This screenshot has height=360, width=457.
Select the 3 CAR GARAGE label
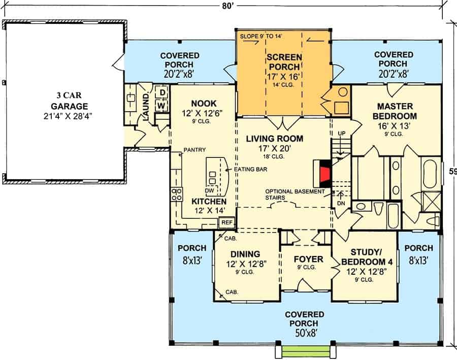69,101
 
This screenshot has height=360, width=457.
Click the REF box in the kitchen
227,222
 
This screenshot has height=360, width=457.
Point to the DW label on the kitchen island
209,190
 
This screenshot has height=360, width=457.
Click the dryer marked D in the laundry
162,93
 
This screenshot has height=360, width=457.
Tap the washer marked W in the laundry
161,106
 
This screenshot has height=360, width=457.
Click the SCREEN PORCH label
284,62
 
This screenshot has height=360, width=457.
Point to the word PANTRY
194,150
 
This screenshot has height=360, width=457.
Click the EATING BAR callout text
250,170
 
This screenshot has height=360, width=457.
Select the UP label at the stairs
342,134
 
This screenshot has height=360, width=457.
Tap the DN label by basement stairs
341,203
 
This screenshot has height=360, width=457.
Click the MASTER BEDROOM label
395,111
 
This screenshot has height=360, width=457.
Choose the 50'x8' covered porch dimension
306,333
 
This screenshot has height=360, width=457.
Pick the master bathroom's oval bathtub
430,174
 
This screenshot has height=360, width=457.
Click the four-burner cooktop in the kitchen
177,194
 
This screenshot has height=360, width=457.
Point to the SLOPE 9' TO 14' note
261,37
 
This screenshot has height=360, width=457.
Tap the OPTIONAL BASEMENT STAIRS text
295,194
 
